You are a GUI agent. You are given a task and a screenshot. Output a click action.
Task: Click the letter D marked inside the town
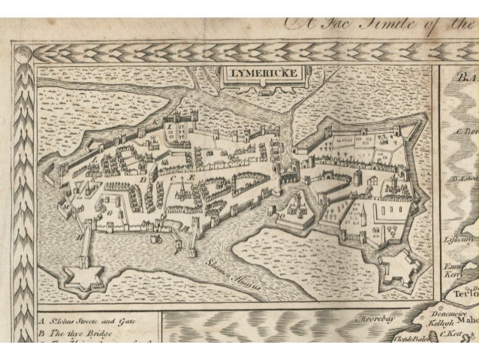(140, 180)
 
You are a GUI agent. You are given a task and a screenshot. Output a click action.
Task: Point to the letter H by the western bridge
(80, 234)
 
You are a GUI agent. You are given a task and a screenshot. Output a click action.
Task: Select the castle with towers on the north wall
(181, 120)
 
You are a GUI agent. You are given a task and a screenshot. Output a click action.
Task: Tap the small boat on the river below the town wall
(157, 238)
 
